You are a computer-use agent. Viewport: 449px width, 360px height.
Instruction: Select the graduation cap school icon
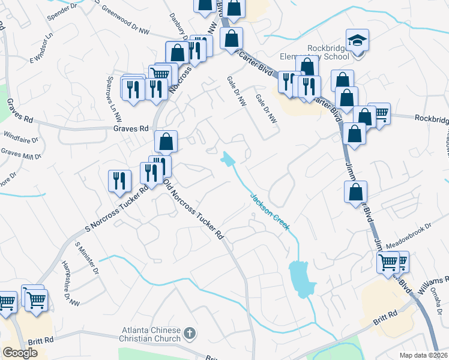click(357, 41)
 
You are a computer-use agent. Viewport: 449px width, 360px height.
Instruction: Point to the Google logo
click(20, 353)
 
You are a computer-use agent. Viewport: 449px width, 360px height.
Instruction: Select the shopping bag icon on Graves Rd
click(166, 142)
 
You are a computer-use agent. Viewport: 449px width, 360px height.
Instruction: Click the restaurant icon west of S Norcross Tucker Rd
click(119, 181)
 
